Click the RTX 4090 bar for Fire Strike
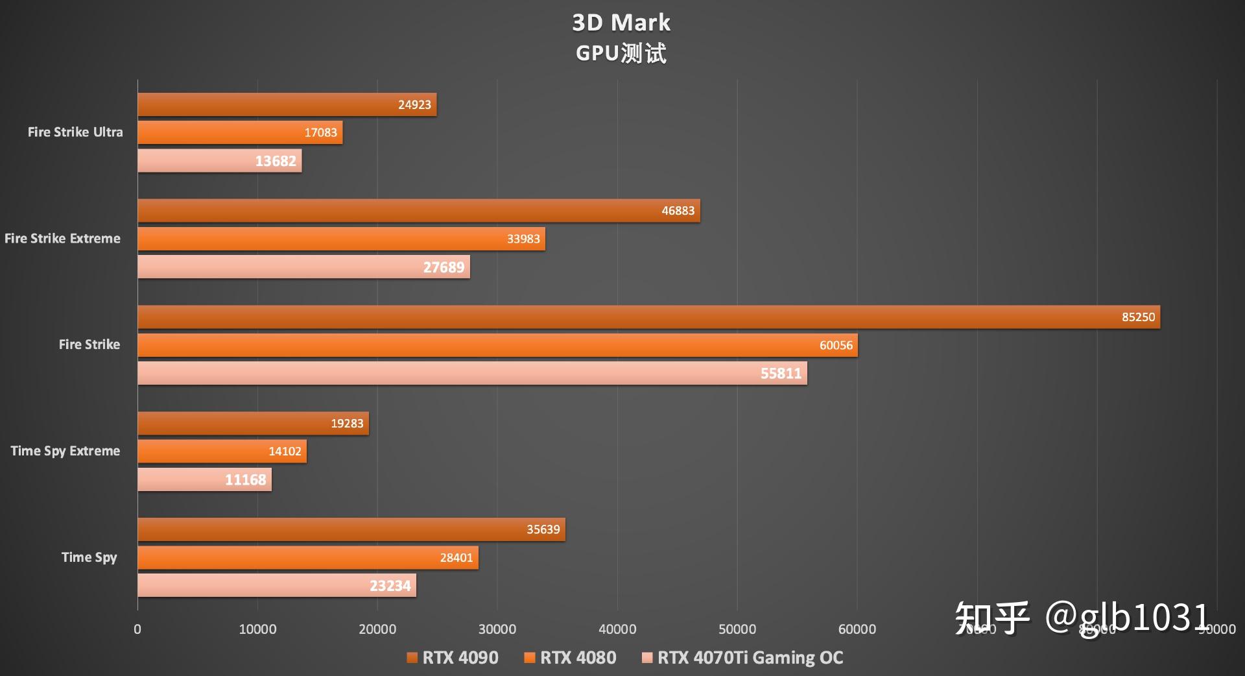(648, 317)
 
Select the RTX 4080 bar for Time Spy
(308, 558)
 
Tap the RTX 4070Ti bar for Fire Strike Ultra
(219, 161)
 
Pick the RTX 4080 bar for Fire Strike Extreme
(341, 239)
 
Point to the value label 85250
(1138, 317)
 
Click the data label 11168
(245, 480)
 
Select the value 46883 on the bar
(678, 211)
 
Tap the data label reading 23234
(390, 586)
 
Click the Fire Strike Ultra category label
(75, 132)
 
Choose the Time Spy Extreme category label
(65, 451)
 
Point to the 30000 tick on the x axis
(497, 629)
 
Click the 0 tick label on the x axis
(137, 629)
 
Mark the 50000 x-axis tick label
(737, 629)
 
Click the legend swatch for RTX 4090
(412, 658)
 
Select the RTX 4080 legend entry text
(578, 658)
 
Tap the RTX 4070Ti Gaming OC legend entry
(750, 658)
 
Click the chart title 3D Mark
(621, 23)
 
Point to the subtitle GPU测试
(621, 53)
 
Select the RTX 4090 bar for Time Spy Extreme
(253, 424)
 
